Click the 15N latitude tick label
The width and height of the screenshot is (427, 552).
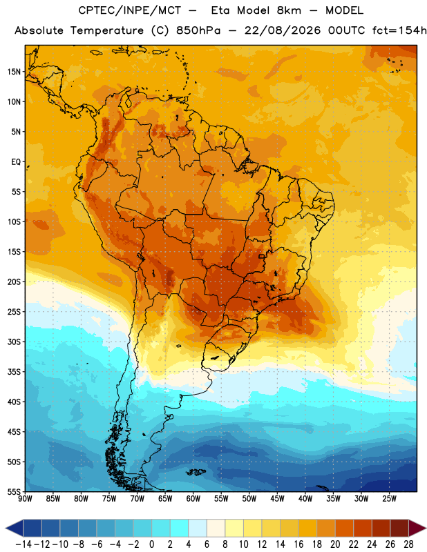[14, 72]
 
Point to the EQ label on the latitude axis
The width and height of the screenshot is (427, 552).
[16, 162]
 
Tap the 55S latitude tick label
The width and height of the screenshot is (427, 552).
[14, 491]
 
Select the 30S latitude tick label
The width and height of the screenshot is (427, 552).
[14, 342]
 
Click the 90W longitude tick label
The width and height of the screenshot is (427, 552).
[25, 498]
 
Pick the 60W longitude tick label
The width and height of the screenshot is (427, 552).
[193, 498]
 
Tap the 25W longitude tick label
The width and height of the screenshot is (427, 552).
[389, 498]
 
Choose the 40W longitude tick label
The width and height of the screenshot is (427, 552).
[305, 498]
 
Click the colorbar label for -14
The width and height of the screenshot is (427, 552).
[23, 544]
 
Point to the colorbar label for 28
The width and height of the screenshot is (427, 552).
[408, 544]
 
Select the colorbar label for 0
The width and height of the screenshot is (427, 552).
[152, 544]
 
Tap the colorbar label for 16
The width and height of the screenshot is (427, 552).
[298, 544]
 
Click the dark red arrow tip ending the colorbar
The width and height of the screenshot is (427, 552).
[426, 529]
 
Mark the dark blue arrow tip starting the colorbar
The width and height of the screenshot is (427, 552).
[6, 529]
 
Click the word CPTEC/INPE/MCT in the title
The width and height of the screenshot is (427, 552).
[129, 10]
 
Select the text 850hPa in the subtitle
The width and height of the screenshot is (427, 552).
[198, 30]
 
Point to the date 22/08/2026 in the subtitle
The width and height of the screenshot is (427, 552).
[283, 30]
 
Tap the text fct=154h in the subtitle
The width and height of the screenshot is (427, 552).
[399, 30]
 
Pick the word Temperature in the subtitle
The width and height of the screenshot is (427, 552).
[107, 31]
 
